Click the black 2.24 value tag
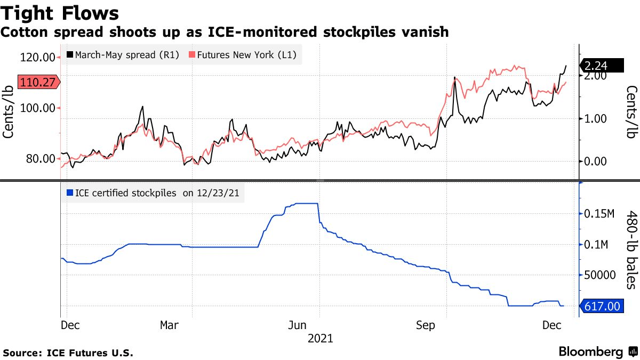click(x=602, y=66)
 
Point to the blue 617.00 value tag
click(x=602, y=307)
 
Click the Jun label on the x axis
click(x=298, y=325)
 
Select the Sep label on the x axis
click(x=425, y=325)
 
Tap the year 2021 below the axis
click(x=320, y=339)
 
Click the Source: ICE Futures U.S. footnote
click(x=68, y=353)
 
